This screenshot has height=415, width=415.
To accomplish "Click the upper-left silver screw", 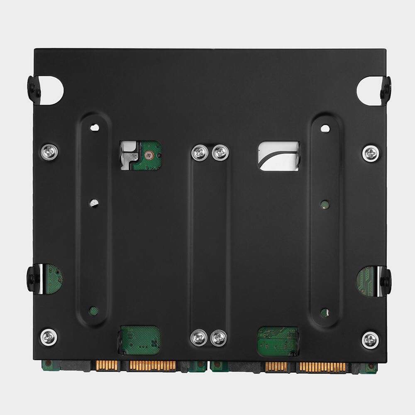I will click(49, 152).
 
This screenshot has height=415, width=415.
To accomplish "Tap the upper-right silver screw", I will click(370, 154).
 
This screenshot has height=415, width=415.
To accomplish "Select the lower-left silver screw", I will click(49, 337).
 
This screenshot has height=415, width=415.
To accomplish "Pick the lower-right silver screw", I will click(370, 340).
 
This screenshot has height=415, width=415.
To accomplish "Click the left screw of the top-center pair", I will click(200, 152).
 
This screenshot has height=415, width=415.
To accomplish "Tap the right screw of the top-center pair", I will click(220, 152).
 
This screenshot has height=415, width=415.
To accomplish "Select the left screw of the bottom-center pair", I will click(199, 338).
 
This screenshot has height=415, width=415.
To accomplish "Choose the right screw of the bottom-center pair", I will click(219, 338).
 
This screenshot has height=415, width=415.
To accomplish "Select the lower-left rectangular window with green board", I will click(140, 339).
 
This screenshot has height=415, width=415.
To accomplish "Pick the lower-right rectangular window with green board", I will click(278, 341).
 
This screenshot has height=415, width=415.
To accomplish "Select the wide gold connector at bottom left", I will click(152, 366).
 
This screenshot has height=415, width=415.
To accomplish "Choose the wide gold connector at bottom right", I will click(322, 367).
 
